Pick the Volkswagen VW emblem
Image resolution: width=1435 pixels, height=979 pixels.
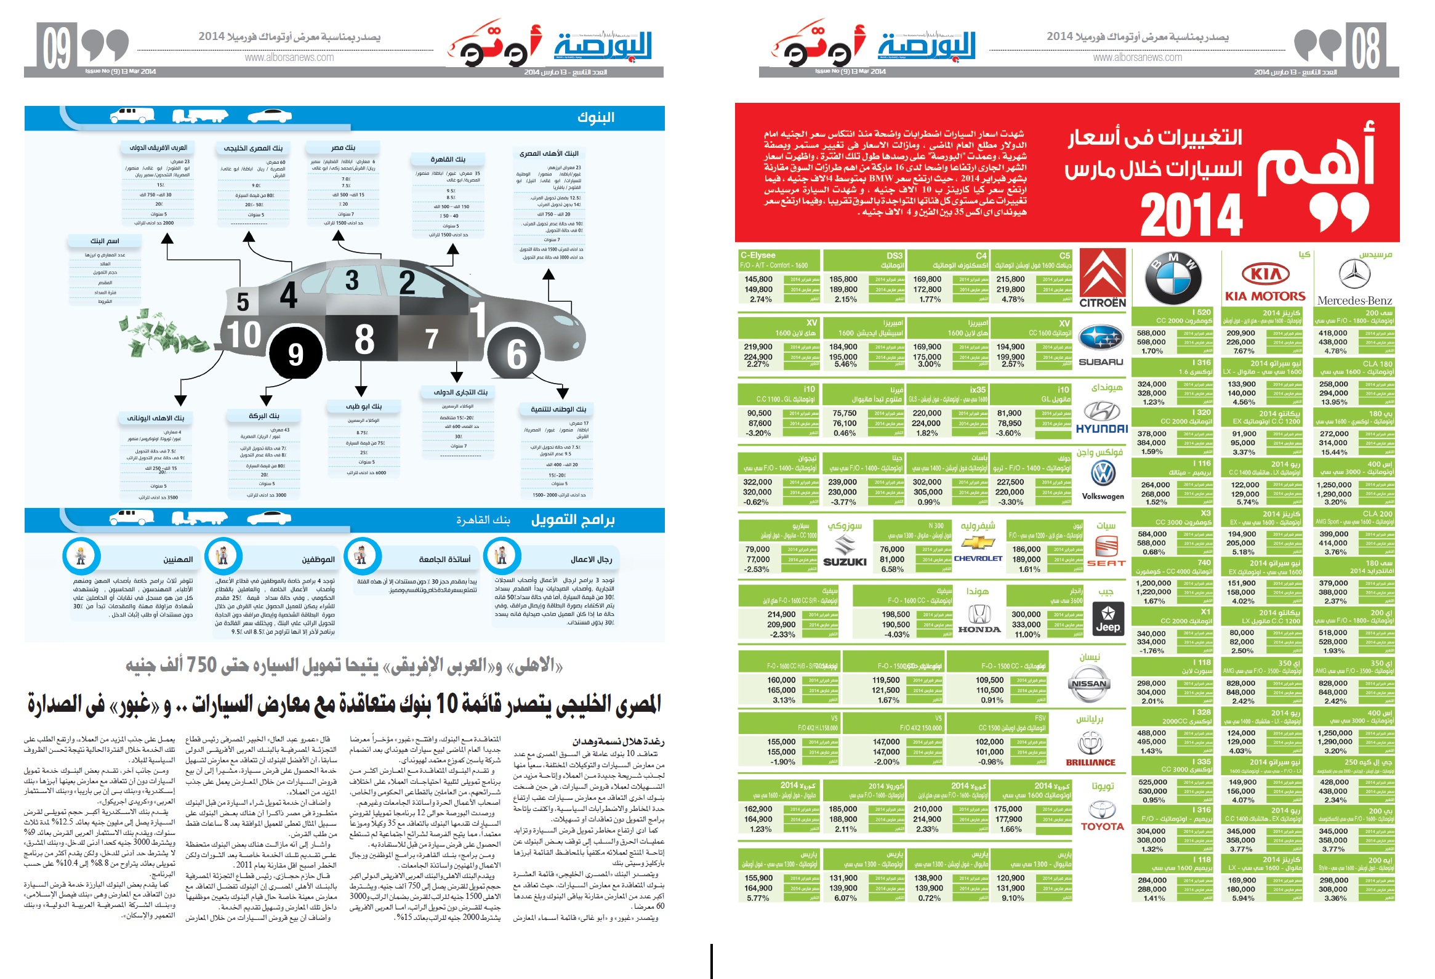pos(1103,474)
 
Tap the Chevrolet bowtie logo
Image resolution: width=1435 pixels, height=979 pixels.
pos(978,543)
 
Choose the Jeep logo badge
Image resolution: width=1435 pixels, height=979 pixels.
pos(1107,618)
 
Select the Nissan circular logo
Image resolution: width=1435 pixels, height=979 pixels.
pos(1088,683)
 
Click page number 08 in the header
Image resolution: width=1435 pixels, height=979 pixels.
pos(1365,48)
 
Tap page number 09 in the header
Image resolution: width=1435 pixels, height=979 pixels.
pos(57,48)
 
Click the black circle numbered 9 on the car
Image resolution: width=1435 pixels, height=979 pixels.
pos(295,354)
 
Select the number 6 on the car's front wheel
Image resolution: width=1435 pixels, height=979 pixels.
pos(517,354)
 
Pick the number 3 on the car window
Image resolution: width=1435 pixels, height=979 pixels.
pos(352,280)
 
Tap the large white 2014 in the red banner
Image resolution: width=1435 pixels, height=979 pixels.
pos(1191,214)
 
